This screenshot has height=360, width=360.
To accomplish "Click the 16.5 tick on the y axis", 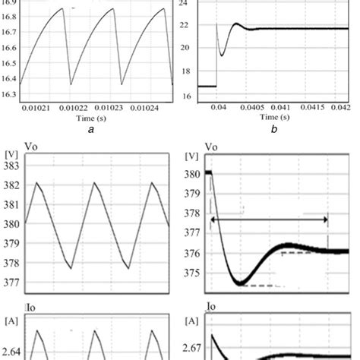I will coord(9,55).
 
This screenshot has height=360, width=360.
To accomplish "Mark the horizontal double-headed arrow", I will coord(269,219).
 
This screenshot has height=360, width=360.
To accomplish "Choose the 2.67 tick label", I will coord(195,349).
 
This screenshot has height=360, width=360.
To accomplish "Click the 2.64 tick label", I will coord(13,351).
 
